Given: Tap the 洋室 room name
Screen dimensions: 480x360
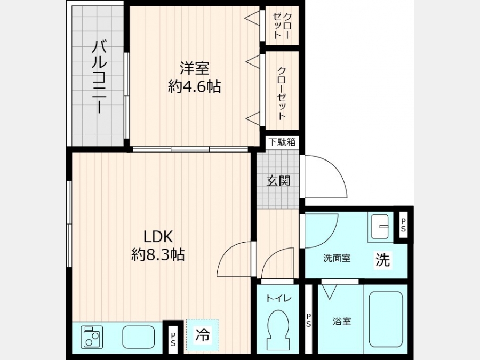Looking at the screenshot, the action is coord(194,68).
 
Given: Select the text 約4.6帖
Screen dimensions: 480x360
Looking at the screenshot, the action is coord(194,86).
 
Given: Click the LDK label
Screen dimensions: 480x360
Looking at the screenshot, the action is coord(158,236).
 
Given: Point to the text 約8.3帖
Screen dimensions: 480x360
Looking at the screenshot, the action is coord(158,254).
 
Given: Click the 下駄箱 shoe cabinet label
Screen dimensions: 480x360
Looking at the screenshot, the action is coord(282,142).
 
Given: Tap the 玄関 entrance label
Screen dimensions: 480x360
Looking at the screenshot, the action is coord(278,181).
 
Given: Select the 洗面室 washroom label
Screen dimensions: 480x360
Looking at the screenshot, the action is coord(337,258).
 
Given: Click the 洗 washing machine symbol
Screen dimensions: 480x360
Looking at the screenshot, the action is coord(383,260).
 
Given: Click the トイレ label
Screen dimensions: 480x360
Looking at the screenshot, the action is coord(278,298).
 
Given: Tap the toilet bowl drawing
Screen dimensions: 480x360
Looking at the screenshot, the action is coord(278,328).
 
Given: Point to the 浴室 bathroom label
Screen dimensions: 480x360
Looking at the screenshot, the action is coord(342,322).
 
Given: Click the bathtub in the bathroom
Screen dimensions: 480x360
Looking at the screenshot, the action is coord(386,319).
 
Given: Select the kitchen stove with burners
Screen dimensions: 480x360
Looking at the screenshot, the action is coord(92,337).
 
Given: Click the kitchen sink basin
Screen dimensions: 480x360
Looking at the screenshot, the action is coord(138,337).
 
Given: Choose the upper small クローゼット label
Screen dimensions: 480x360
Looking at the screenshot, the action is coord(282,26).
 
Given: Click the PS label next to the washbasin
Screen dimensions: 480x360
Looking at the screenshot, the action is coord(404,225).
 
